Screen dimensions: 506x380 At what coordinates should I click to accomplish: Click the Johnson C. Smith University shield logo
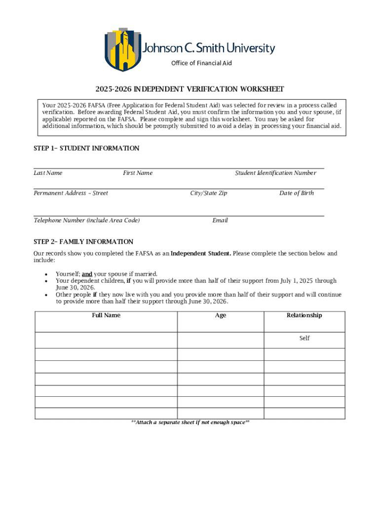[123, 49]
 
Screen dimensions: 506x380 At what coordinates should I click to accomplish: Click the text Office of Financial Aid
[201, 63]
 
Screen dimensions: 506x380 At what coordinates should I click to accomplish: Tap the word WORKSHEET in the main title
[262, 89]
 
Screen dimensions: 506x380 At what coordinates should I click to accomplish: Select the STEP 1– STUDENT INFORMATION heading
[86, 148]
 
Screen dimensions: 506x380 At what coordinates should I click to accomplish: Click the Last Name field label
[48, 173]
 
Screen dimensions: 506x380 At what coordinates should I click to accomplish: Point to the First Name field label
[138, 173]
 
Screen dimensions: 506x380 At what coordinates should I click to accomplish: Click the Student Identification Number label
[275, 173]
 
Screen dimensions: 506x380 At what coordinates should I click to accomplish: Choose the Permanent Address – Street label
[71, 193]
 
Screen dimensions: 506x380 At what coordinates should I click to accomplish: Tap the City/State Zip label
[209, 193]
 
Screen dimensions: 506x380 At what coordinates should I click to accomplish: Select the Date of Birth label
[297, 193]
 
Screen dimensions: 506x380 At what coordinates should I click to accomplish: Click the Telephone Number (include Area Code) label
[86, 220]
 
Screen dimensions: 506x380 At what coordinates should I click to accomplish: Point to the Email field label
[220, 220]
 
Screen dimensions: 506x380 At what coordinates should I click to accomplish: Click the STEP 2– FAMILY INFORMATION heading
[83, 242]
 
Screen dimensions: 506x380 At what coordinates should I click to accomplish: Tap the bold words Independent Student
[200, 253]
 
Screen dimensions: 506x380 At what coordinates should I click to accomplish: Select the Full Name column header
[106, 315]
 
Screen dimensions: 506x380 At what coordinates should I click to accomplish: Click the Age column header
[221, 315]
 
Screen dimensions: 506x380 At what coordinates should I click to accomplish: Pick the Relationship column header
[304, 315]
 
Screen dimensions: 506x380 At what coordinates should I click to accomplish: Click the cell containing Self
[304, 338]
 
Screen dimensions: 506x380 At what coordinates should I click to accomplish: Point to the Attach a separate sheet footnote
[190, 422]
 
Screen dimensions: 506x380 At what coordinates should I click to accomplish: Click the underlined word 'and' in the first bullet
[87, 274]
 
